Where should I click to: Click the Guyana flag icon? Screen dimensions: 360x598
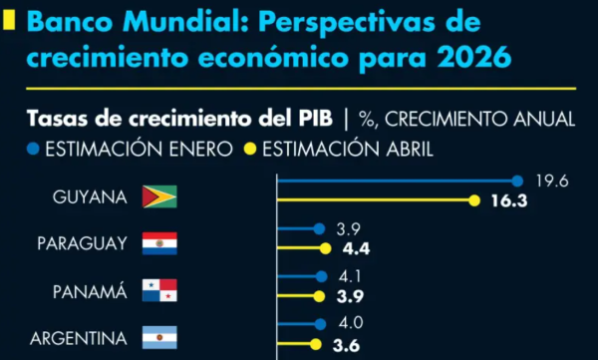point(159,196)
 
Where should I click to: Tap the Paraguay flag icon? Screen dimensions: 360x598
point(159,243)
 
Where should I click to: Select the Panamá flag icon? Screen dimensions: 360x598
point(159,291)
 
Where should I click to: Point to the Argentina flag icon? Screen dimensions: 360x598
point(159,338)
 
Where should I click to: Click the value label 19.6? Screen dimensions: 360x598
point(551,180)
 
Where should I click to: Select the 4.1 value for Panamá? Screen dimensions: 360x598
point(352,276)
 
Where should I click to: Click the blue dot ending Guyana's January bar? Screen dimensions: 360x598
point(517,180)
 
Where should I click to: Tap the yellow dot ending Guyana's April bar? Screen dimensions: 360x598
point(475,201)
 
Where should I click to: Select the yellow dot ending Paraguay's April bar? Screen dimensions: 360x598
point(324,248)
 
